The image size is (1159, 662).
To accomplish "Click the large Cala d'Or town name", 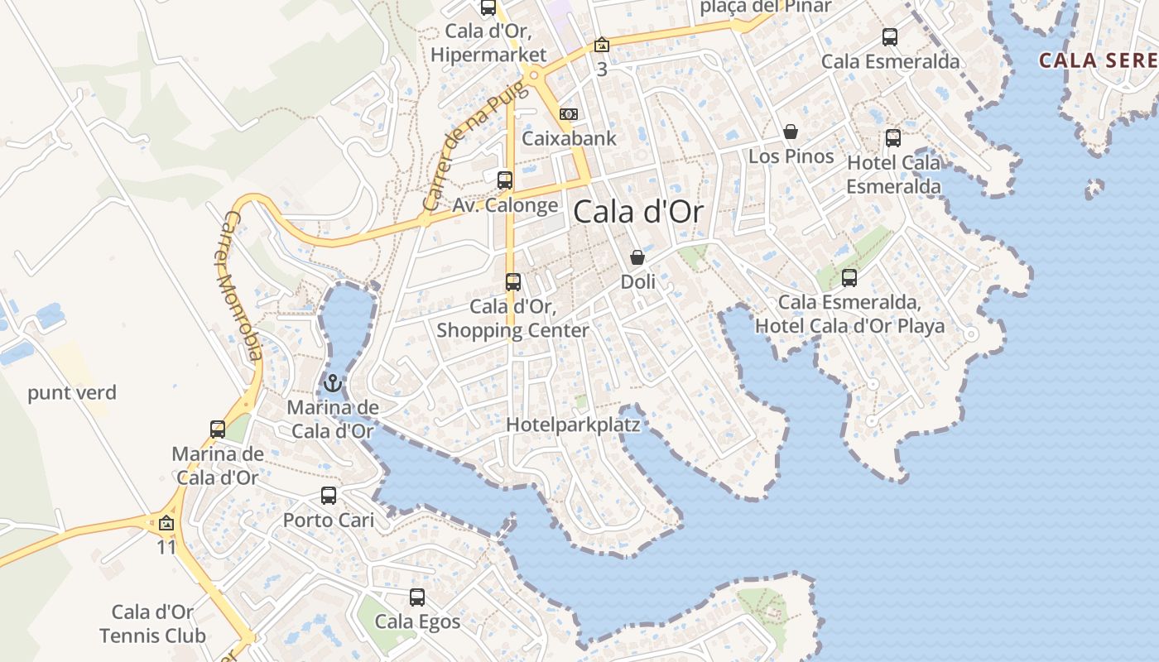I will click(x=638, y=212).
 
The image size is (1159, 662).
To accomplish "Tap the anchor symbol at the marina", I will click(x=333, y=383).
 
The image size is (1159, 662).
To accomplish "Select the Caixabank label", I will click(x=570, y=138).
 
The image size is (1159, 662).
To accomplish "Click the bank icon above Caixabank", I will click(x=569, y=114).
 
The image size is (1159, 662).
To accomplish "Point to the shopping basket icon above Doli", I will click(x=637, y=258).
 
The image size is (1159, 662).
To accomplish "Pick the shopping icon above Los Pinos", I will click(x=791, y=132).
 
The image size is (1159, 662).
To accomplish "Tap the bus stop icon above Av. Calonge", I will click(x=505, y=180).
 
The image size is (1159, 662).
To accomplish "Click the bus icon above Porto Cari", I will click(x=329, y=496).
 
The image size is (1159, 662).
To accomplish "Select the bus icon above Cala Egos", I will click(x=417, y=597).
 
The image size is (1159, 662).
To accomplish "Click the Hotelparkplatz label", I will click(x=573, y=425).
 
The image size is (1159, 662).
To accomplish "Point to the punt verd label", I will click(x=72, y=392).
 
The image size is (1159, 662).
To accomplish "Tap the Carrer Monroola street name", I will click(x=242, y=285).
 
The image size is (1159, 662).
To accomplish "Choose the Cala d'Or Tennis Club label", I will click(x=152, y=624).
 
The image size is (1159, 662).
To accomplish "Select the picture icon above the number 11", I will click(x=166, y=523).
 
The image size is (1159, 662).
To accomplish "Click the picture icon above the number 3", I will click(x=602, y=45).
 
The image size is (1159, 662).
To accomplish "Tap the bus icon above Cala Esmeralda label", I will click(x=890, y=37).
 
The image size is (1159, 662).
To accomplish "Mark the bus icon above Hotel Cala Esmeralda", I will click(x=893, y=138).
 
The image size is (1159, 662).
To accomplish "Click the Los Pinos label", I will click(x=791, y=156).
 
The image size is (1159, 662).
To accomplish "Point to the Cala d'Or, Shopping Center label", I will click(x=512, y=319).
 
